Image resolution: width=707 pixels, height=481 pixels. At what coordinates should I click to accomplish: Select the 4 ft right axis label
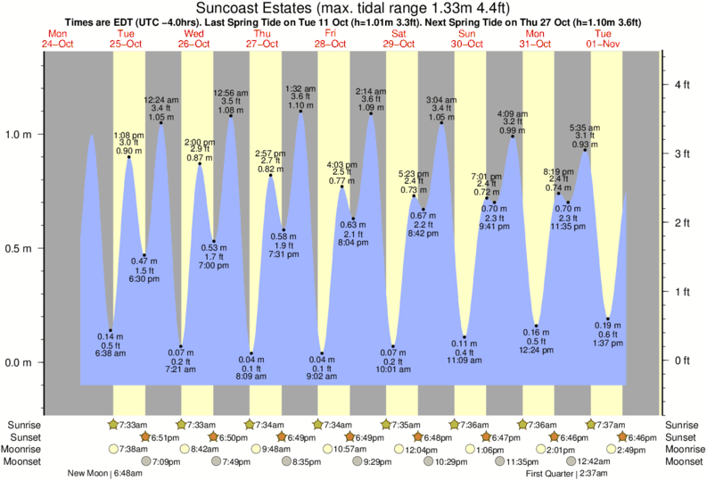682,85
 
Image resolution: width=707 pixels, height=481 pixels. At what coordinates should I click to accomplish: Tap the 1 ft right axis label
682,292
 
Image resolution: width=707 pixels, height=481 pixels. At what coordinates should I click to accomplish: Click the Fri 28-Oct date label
330,38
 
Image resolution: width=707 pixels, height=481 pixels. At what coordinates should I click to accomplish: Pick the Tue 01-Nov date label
603,38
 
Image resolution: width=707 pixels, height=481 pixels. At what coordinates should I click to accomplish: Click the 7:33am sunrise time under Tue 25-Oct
134,425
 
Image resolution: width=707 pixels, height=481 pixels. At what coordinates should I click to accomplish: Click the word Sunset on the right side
680,437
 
